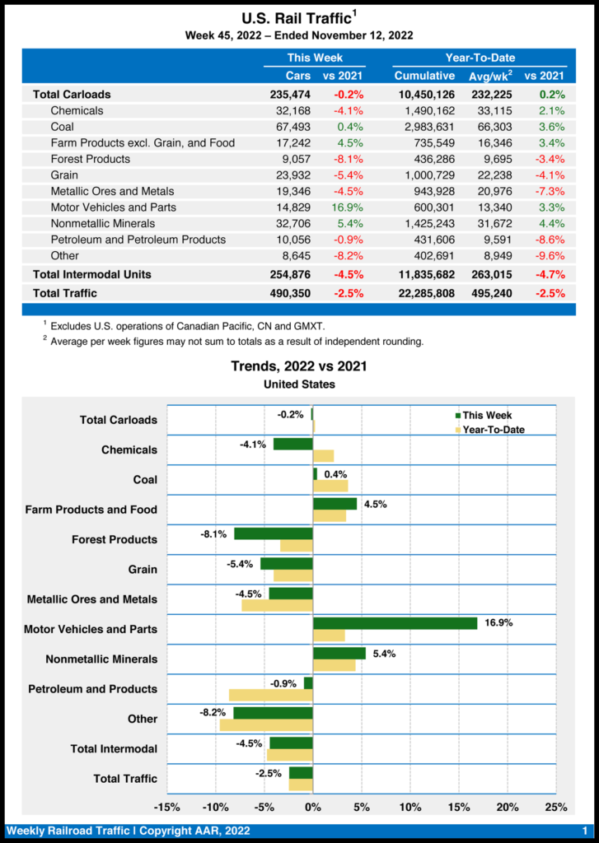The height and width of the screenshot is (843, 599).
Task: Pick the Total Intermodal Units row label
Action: coord(91,274)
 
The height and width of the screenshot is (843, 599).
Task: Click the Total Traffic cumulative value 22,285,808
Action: coord(422,293)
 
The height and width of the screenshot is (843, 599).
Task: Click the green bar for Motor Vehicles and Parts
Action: coord(395,623)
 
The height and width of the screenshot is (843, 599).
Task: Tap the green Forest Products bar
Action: coord(273,533)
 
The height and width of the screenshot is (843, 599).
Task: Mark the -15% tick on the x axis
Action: coord(167,807)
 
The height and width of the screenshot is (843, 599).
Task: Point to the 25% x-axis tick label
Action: coord(556,807)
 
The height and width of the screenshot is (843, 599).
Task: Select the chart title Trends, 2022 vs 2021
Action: coord(299,366)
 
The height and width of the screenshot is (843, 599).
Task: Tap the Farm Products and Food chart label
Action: coord(91,510)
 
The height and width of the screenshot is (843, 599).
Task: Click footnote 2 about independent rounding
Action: coord(236,342)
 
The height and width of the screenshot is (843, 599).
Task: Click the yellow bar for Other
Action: coord(265,725)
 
